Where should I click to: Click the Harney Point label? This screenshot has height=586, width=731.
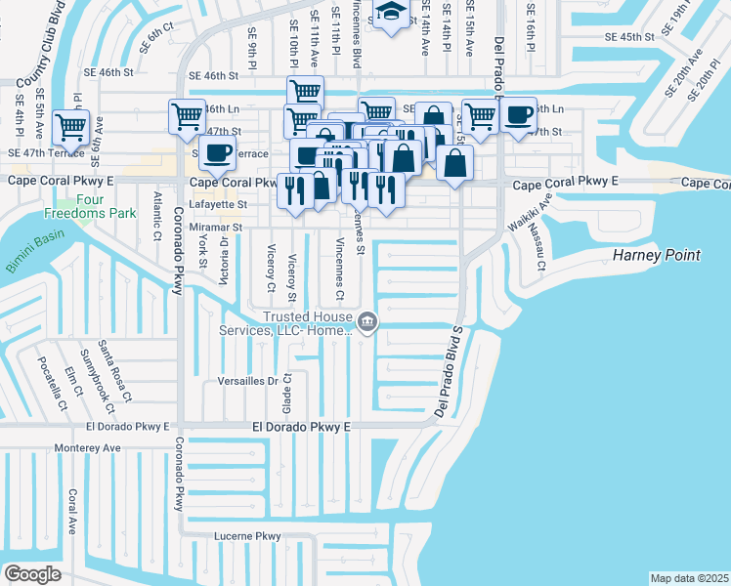click(657, 255)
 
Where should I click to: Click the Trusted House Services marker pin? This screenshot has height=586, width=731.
click(366, 320)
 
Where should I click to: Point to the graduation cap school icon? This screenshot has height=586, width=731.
click(391, 13)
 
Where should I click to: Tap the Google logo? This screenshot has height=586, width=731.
click(32, 574)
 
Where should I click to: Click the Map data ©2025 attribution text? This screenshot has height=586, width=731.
click(688, 578)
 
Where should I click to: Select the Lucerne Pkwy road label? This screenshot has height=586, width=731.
click(248, 536)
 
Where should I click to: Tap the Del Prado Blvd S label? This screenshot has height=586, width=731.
click(451, 371)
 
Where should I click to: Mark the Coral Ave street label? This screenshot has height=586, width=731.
click(71, 512)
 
